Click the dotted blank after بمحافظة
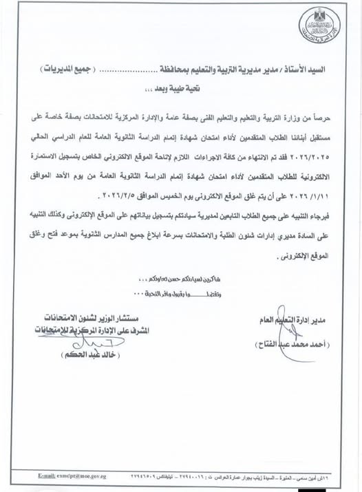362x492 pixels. click(133, 71)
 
